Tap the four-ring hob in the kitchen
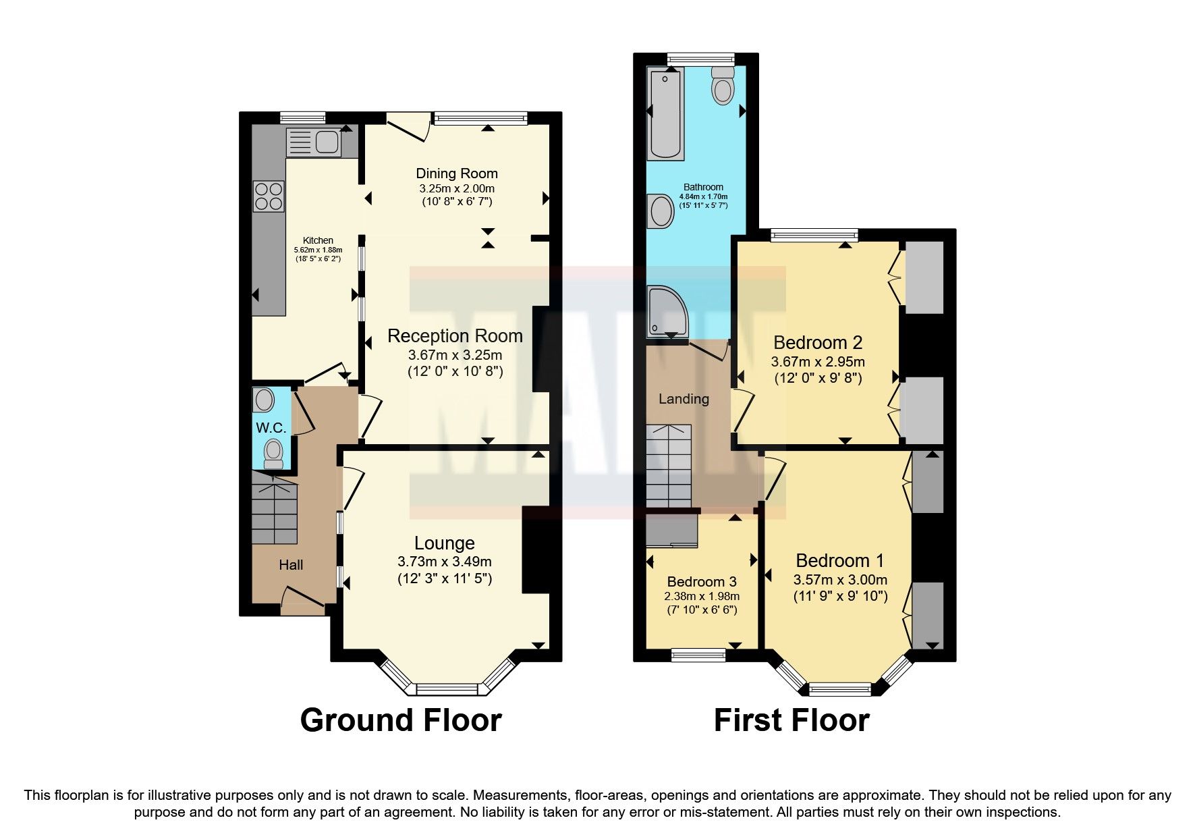coord(268,195)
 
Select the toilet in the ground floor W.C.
coord(273,453)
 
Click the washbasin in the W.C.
coord(264,400)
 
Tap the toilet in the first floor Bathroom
coord(722,85)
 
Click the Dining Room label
coord(456,173)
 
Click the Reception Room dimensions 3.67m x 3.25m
coord(455,355)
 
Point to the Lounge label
coord(444,543)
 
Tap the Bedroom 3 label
coord(702,581)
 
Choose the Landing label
coord(684,399)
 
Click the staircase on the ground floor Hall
coord(275,510)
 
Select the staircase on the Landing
coord(669,466)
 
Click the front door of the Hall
coord(302,603)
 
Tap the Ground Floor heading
coord(401,720)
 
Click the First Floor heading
coord(791,720)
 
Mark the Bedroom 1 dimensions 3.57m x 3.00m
coord(840,580)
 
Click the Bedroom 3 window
coord(698,653)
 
